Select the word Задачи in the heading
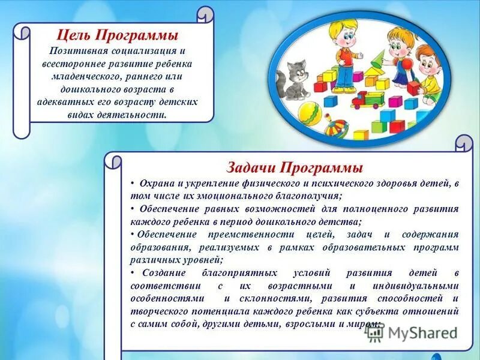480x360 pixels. coord(253,166)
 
